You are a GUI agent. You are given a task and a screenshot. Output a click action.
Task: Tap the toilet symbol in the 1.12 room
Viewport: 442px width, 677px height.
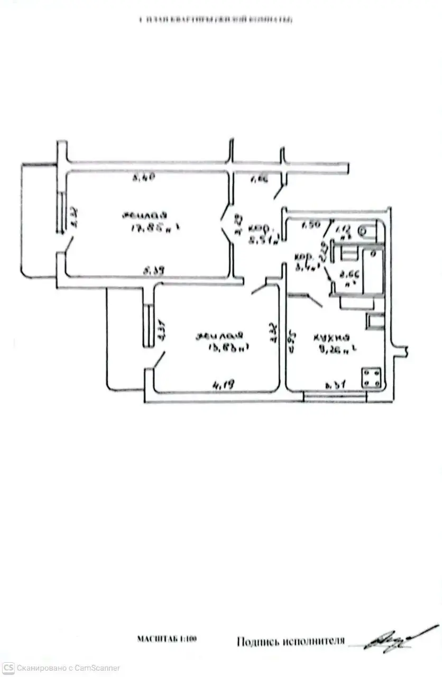click(x=363, y=230)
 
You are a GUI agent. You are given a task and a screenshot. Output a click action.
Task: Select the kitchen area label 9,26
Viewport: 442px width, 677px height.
click(x=330, y=350)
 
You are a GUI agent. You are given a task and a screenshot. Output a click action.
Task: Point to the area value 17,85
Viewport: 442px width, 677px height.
click(x=142, y=228)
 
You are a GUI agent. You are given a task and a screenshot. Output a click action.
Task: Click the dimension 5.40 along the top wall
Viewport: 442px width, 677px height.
click(x=143, y=179)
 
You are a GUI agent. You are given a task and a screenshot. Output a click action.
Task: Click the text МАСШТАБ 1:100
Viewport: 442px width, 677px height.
click(x=167, y=639)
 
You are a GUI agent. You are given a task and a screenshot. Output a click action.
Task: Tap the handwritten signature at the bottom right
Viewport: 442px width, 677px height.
click(x=393, y=641)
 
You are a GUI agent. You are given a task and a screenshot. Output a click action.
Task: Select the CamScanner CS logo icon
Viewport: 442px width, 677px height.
click(x=8, y=667)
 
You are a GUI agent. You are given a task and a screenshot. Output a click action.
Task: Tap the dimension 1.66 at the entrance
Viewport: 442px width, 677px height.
click(x=259, y=180)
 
